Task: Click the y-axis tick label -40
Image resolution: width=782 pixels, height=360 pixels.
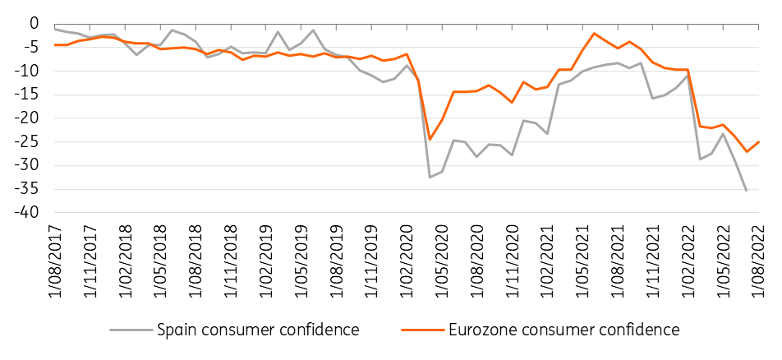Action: coord(30,213)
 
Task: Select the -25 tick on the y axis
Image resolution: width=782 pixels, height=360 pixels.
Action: coord(30,141)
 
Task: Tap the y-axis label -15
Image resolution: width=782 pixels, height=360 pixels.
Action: coord(30,95)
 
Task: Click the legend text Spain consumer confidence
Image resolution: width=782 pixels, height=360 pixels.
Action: coord(258,330)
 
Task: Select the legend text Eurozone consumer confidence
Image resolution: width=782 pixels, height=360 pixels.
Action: coord(564,330)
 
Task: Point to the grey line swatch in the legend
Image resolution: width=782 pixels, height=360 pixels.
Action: coord(131,330)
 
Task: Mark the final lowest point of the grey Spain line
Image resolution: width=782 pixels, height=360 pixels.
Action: coord(746,191)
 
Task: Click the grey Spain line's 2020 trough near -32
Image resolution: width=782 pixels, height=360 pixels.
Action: coord(430,177)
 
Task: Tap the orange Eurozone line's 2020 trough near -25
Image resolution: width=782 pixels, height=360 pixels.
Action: coord(430,140)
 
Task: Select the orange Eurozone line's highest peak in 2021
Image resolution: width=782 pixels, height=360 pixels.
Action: coord(594,33)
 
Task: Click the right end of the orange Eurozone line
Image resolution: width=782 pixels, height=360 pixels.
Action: coord(758,141)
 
